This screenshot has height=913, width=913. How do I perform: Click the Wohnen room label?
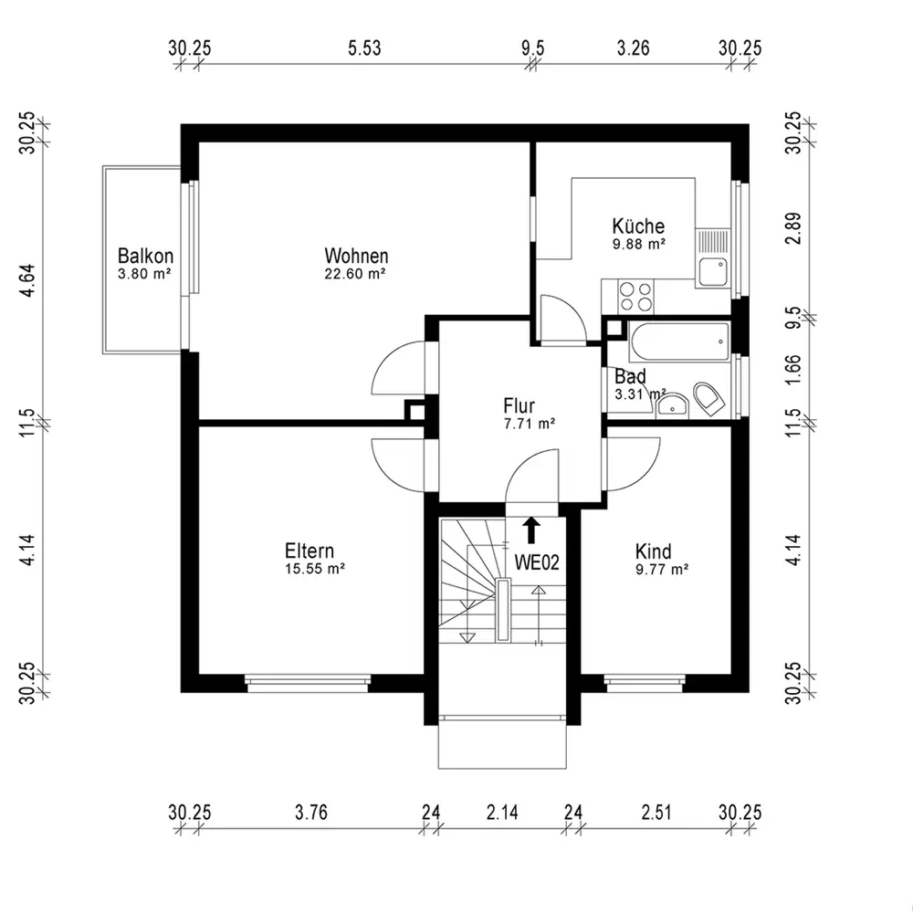click(356, 257)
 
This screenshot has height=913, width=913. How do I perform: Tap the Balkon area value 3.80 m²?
click(144, 274)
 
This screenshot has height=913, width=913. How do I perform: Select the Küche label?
click(638, 226)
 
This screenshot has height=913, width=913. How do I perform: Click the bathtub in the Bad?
click(679, 341)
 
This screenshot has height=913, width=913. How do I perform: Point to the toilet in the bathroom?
click(708, 400)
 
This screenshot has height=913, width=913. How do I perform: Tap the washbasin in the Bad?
click(673, 406)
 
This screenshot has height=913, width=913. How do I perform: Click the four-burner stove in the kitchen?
click(635, 297)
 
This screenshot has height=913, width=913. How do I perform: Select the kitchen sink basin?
click(713, 272)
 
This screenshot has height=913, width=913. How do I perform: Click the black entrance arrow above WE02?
click(531, 530)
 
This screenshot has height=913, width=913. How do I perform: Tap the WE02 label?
click(536, 562)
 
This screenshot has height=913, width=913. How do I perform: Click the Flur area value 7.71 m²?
click(530, 424)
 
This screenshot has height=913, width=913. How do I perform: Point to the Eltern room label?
click(310, 551)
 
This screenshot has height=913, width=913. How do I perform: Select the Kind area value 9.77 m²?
click(662, 570)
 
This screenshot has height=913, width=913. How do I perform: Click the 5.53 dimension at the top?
click(364, 47)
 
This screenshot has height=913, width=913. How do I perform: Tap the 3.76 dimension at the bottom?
click(311, 812)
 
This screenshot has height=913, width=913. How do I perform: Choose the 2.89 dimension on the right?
click(793, 229)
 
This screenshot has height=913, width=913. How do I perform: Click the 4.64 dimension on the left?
click(26, 281)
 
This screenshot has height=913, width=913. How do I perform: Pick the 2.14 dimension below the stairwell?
click(502, 812)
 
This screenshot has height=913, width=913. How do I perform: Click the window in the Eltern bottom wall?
click(308, 684)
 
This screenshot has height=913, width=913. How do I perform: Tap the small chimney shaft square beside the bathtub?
click(614, 329)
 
